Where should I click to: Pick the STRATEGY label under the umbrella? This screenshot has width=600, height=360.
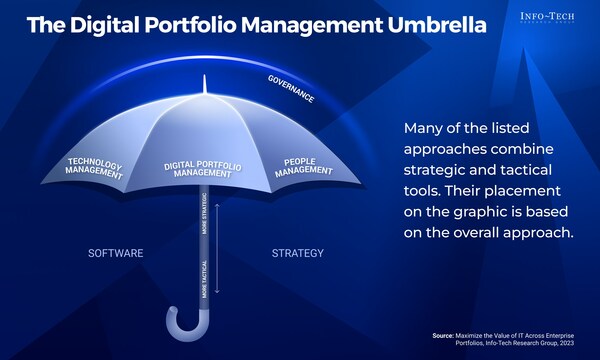pyautogui.click(x=297, y=254)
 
